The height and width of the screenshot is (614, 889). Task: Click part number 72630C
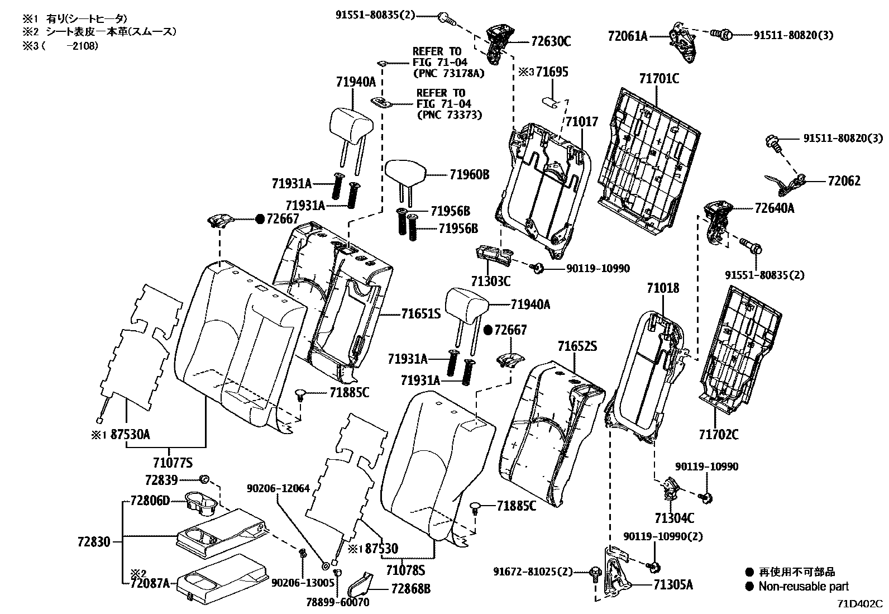(551, 41)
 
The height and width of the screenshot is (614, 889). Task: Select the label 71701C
(659, 78)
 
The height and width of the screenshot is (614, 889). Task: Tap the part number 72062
(844, 181)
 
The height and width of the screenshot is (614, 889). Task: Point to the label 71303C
(490, 281)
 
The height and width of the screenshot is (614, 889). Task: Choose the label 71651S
(420, 314)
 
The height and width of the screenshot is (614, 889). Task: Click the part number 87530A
(129, 434)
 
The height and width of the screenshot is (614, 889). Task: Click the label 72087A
(150, 584)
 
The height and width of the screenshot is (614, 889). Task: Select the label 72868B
(411, 588)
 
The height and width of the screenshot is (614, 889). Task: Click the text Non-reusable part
(803, 586)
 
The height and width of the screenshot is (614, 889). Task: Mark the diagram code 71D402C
(860, 604)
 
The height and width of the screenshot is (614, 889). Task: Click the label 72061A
(628, 37)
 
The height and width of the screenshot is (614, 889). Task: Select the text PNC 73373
(449, 115)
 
